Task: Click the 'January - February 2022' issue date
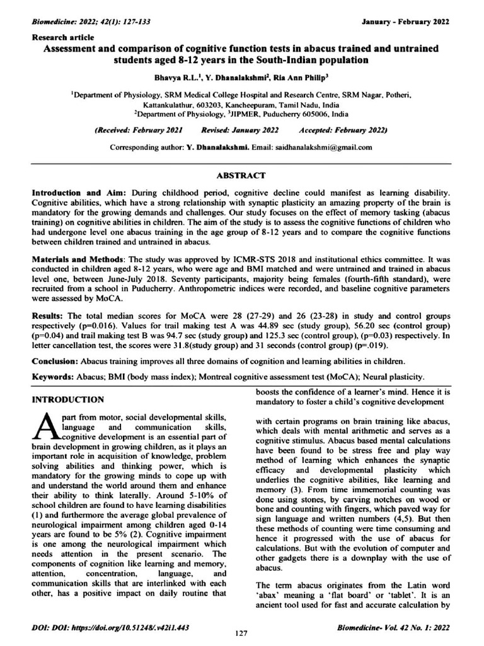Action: tap(405, 21)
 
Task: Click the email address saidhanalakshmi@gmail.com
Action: tap(321, 147)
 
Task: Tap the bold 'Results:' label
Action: tap(48, 315)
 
